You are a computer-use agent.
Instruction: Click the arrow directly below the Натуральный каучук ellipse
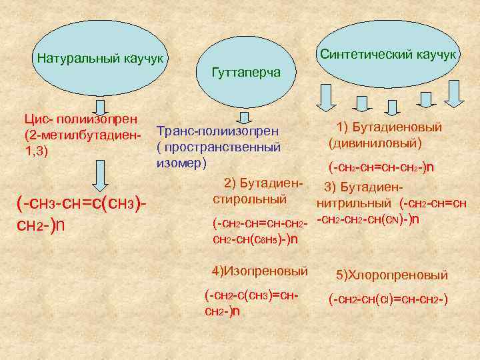point(100,107)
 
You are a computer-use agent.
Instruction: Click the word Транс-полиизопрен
point(217,131)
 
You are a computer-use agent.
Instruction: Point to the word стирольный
point(249,199)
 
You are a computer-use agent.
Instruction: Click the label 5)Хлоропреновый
point(392,275)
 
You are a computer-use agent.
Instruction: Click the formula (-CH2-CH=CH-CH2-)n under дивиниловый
point(381,167)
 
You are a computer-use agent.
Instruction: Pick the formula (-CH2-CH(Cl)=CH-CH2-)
point(387,300)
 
